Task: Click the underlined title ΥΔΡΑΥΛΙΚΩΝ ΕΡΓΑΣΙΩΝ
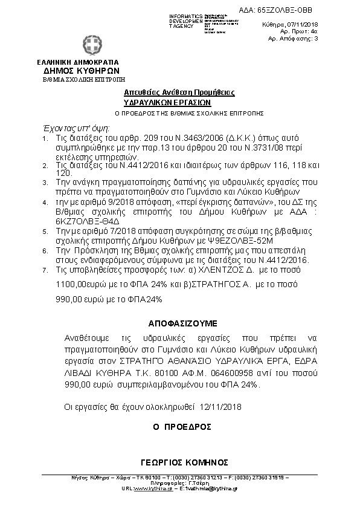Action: coord(179,103)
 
